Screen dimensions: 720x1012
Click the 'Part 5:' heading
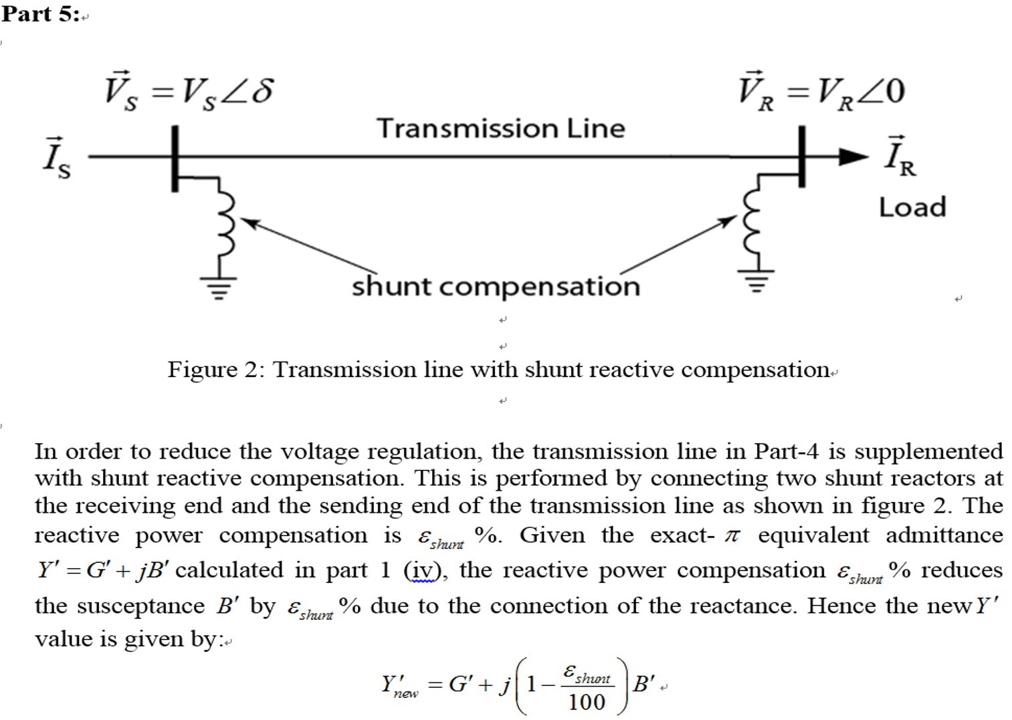tap(40, 13)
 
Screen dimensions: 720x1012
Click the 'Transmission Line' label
tap(500, 128)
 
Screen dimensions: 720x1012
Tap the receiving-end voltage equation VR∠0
tap(821, 90)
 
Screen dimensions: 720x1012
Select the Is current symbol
tap(56, 158)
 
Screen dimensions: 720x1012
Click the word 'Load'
tap(912, 207)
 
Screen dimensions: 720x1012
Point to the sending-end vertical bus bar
tap(175, 158)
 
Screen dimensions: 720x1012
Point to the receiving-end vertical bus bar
tap(801, 157)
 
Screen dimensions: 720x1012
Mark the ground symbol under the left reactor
tap(218, 287)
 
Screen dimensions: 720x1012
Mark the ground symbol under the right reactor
tap(756, 281)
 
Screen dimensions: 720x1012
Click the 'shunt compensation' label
tap(496, 286)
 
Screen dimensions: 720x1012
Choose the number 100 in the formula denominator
tap(586, 702)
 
